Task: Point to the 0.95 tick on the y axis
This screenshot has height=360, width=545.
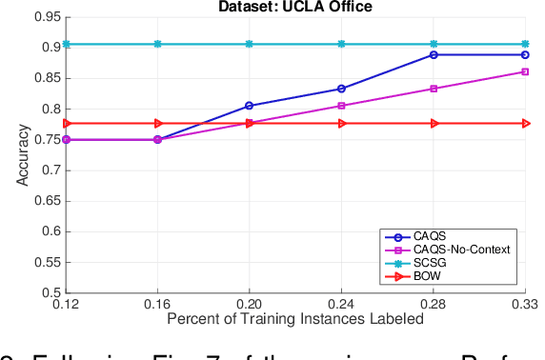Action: coord(43,16)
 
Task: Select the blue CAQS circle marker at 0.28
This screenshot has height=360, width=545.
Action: coord(434,54)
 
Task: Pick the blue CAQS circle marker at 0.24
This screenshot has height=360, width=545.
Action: coord(341,89)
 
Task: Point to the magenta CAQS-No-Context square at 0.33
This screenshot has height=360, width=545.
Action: coord(526,71)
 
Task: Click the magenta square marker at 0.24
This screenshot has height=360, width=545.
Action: coord(341,106)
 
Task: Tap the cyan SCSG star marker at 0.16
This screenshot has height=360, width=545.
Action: coord(157,44)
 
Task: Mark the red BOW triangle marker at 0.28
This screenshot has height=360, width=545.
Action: coord(434,123)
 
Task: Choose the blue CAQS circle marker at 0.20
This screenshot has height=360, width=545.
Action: coord(250,106)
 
